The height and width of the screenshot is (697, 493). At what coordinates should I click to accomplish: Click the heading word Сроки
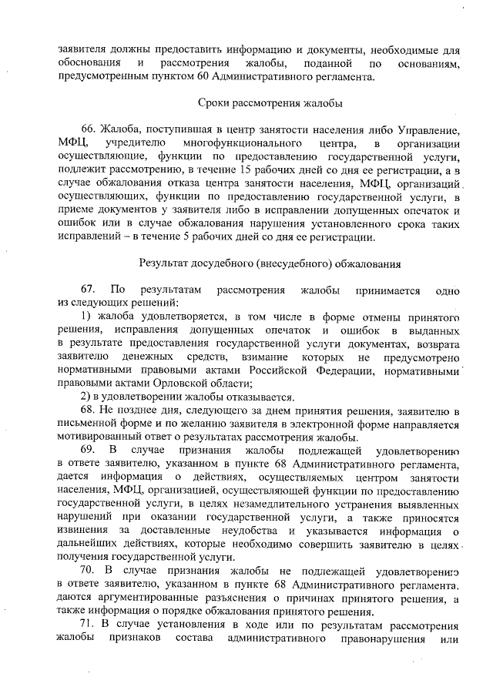pos(213,102)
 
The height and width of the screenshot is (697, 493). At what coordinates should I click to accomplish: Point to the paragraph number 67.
pos(89,291)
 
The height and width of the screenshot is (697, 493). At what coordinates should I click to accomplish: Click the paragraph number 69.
pos(89,449)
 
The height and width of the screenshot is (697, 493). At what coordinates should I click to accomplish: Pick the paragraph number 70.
pos(89,572)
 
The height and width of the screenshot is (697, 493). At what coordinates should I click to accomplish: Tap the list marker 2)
pos(88,397)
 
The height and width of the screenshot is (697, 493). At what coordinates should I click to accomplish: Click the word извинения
pos(82,532)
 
